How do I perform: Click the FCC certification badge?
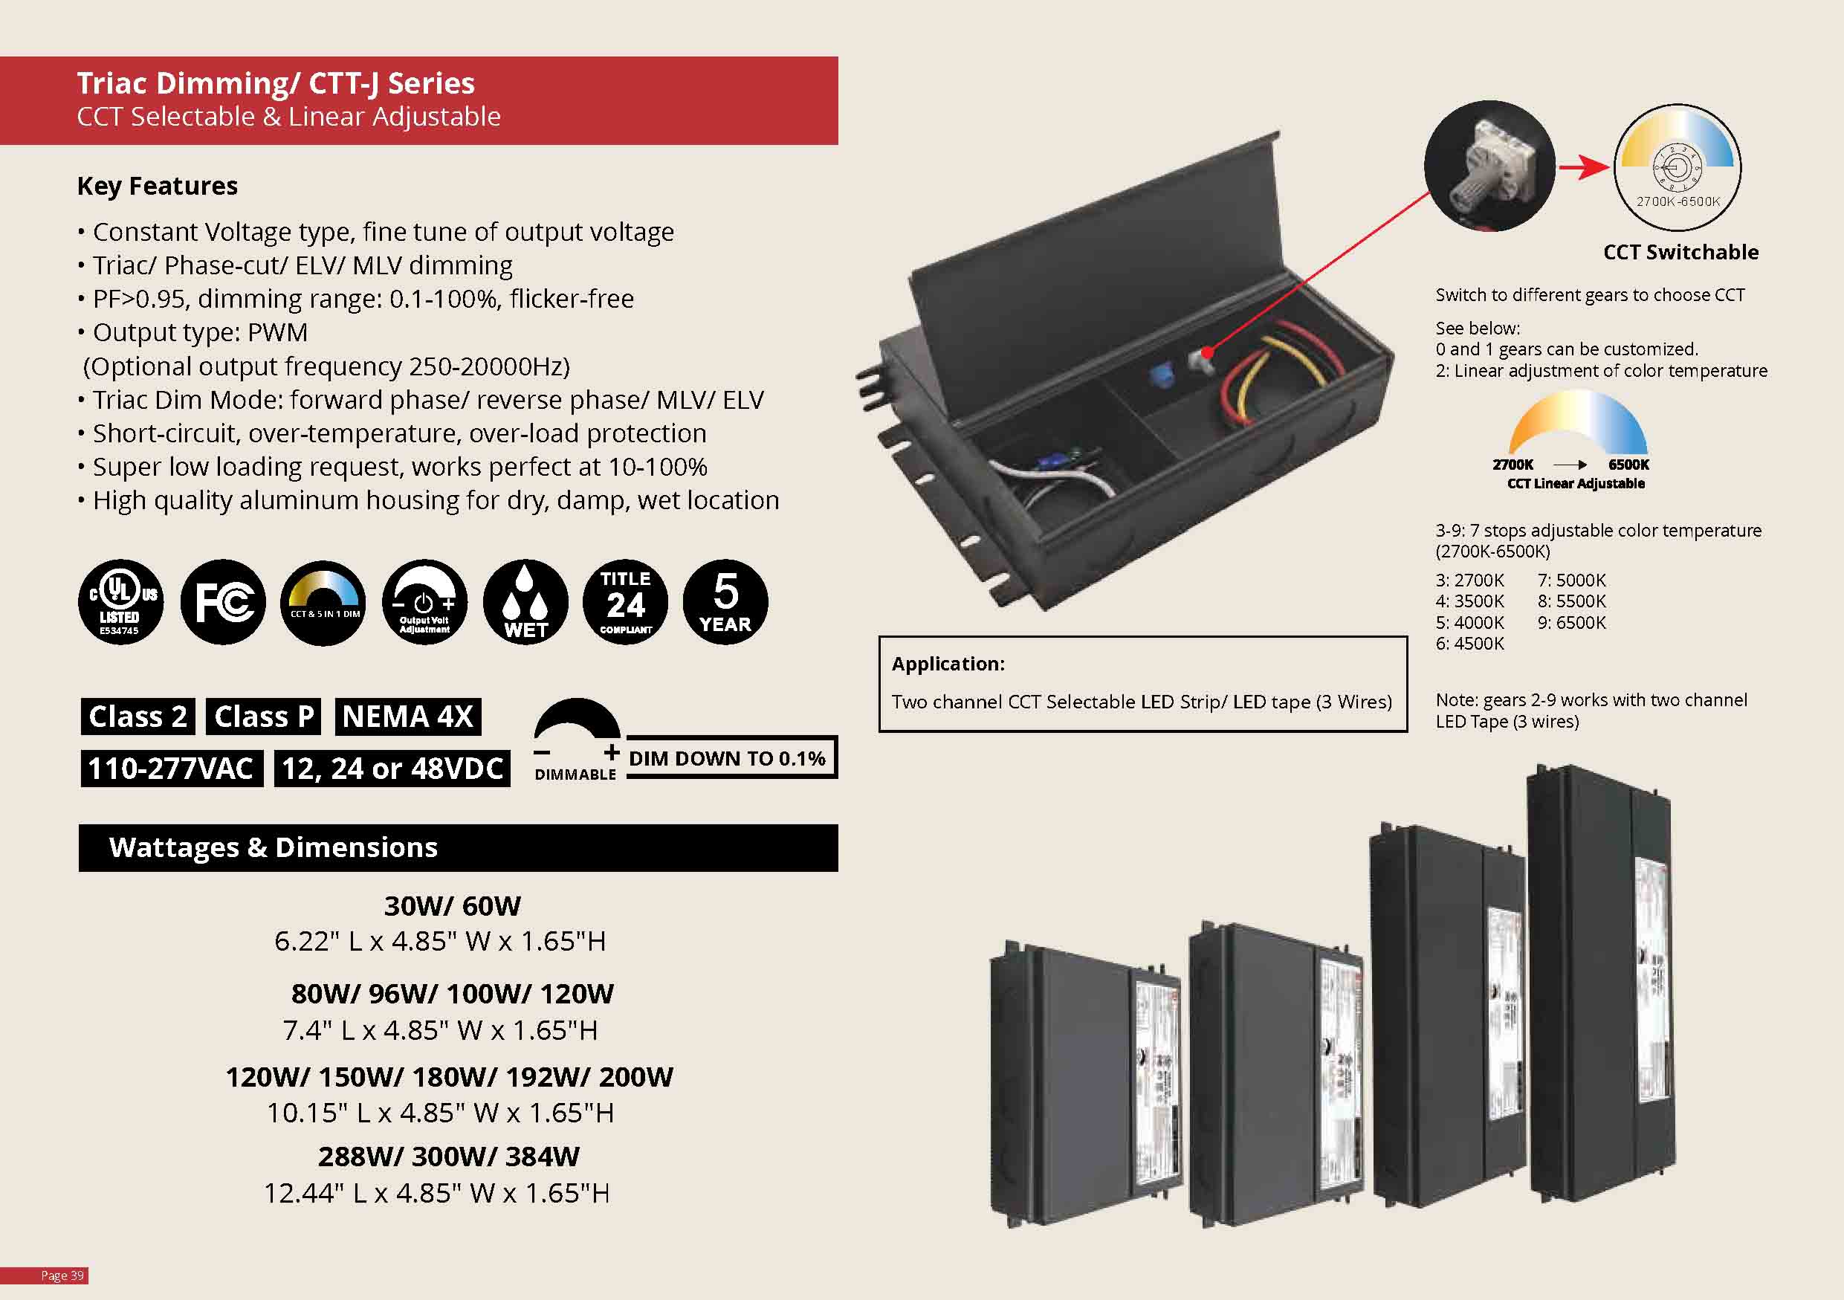pyautogui.click(x=222, y=601)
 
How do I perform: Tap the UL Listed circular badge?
pyautogui.click(x=120, y=601)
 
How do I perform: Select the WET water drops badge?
pyautogui.click(x=525, y=601)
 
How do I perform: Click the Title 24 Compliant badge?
pyautogui.click(x=626, y=601)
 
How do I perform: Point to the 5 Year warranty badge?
pyautogui.click(x=725, y=601)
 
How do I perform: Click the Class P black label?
pyautogui.click(x=263, y=717)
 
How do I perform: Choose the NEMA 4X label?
pyautogui.click(x=408, y=717)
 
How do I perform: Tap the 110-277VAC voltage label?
pyautogui.click(x=171, y=769)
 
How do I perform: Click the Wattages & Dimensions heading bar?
pyautogui.click(x=458, y=848)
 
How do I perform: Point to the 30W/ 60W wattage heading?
pyautogui.click(x=452, y=906)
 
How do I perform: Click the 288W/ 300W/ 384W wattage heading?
pyautogui.click(x=448, y=1157)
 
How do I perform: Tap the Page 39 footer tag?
pyautogui.click(x=62, y=1275)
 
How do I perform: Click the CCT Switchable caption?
pyautogui.click(x=1680, y=252)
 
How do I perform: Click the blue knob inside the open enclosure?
pyautogui.click(x=1159, y=373)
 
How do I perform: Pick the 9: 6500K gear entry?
pyautogui.click(x=1572, y=622)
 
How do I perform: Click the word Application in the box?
pyautogui.click(x=948, y=664)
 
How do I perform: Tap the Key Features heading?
pyautogui.click(x=158, y=187)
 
